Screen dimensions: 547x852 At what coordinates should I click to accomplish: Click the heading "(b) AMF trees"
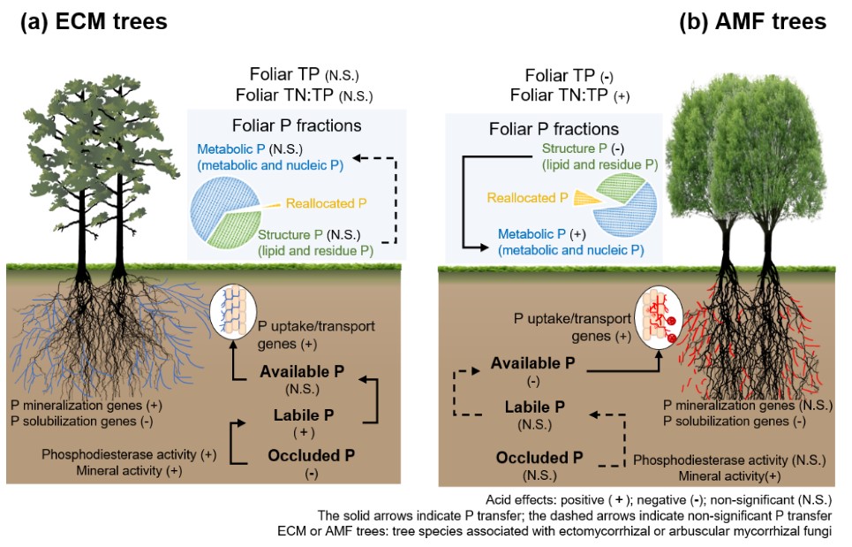752,22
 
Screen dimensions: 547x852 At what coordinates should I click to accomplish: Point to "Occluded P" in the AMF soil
539,458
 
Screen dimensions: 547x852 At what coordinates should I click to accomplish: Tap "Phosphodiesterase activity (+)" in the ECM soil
128,453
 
